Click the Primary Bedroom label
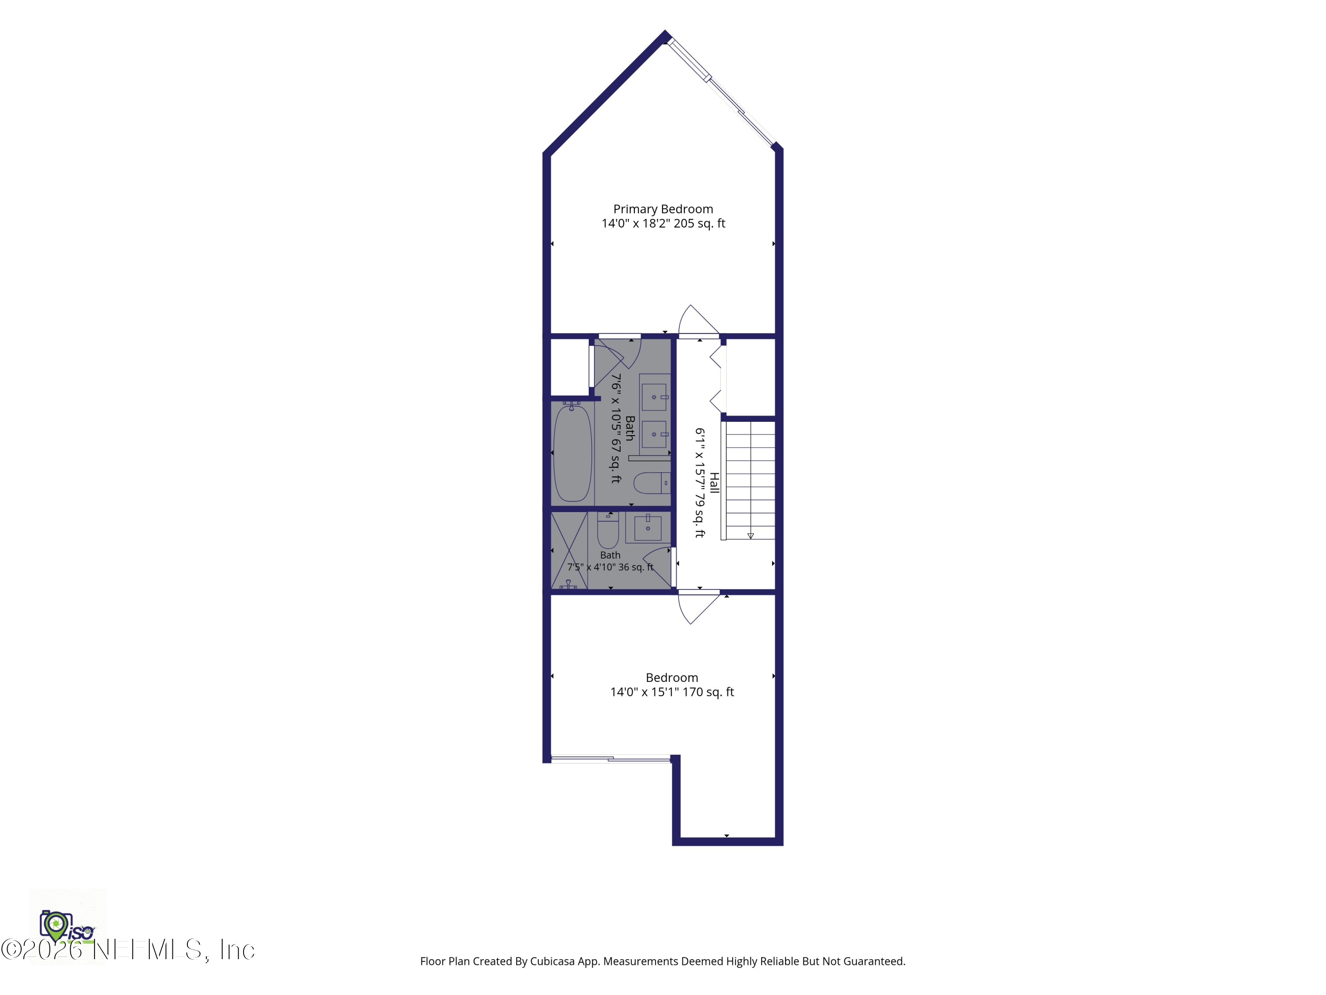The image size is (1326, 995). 663,209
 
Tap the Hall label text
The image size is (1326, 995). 714,483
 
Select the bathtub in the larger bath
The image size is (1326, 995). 572,453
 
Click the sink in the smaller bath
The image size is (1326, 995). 648,528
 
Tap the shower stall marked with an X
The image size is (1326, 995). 569,550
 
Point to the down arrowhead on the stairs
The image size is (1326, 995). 751,536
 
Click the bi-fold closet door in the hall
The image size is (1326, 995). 717,379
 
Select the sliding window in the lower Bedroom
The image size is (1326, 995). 610,759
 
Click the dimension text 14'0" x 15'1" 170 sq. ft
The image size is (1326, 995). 672,692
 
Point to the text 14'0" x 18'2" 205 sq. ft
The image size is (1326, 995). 663,224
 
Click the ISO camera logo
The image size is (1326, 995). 67,926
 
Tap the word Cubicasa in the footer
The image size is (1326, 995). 552,961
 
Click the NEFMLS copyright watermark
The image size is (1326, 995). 128,949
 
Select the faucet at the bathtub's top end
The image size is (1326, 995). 571,406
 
